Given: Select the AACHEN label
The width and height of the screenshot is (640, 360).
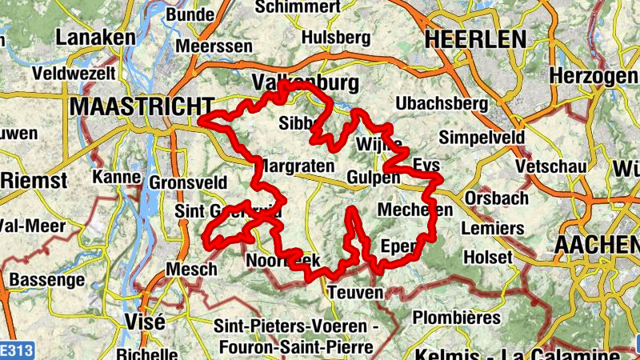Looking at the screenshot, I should [596, 245].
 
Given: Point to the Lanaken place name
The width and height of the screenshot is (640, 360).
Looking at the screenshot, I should [96, 38].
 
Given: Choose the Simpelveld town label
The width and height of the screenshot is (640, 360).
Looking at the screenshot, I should [482, 137].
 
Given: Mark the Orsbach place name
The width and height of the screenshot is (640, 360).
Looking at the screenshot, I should [496, 198].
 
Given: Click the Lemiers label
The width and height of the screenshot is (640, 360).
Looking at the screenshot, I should [493, 228].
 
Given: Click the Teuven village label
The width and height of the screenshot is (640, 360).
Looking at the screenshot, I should [355, 293].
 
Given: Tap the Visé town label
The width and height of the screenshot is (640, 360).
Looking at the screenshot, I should [145, 322].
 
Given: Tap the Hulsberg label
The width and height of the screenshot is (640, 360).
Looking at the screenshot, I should [336, 38].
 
